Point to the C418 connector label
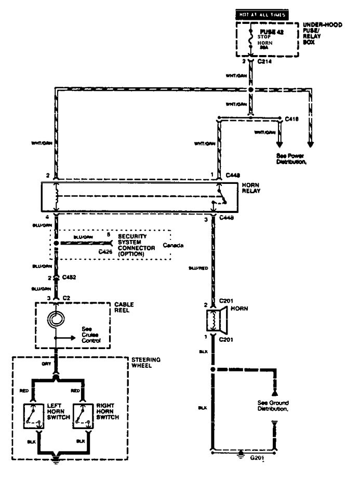(292, 119)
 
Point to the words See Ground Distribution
(273, 406)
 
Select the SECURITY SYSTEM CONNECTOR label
(137, 245)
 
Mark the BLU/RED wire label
(199, 269)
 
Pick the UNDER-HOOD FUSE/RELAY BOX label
(323, 32)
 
